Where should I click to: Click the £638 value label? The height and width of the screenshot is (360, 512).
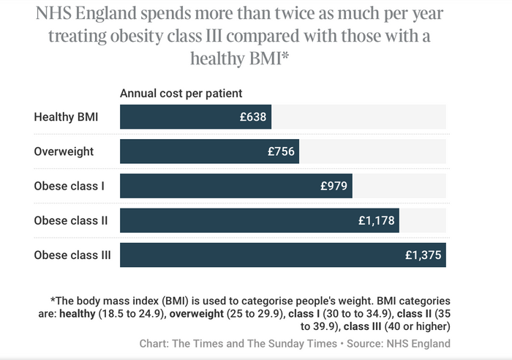coord(253,117)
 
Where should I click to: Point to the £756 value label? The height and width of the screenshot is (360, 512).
coord(281,151)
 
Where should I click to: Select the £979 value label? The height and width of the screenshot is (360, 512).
coord(334,186)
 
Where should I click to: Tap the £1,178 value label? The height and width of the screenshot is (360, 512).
coord(375,220)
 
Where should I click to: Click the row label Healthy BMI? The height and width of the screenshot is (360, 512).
coord(66,117)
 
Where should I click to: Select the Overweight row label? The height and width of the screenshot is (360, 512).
coord(64,151)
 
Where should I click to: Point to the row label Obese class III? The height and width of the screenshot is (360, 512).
coord(72,255)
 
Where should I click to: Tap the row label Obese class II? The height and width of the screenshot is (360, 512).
coord(70,220)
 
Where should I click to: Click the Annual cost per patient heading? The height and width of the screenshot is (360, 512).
coord(181,93)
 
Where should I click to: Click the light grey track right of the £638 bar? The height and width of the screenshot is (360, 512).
coord(358,117)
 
